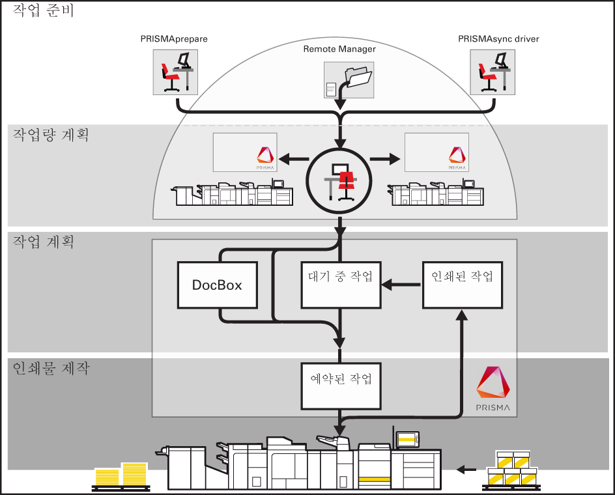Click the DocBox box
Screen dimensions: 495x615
[x=218, y=285]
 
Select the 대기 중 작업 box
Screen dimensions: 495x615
[x=340, y=285]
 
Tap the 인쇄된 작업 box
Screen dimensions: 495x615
[x=462, y=285]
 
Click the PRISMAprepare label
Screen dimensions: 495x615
[x=174, y=39]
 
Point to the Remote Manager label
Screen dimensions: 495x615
[x=339, y=49]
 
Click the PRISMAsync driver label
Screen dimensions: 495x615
[x=498, y=39]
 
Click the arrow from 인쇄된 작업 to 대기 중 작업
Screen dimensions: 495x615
[x=401, y=285]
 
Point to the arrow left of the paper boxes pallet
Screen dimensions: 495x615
[x=466, y=468]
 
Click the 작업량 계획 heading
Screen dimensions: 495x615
[x=51, y=135]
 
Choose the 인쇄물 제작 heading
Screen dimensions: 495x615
[x=51, y=369]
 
